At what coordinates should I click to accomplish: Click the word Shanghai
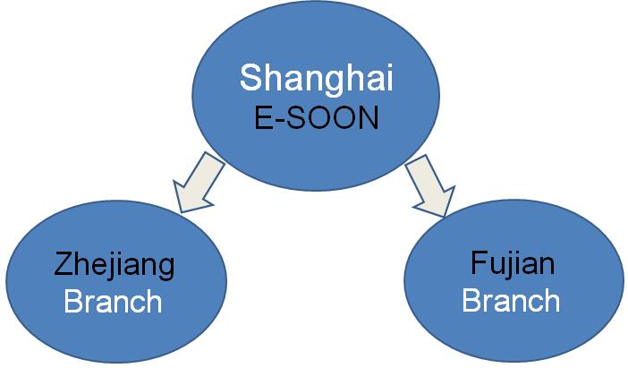(317, 81)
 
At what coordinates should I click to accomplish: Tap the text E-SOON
(317, 118)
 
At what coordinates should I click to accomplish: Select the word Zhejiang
(115, 265)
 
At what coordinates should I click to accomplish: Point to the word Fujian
(513, 264)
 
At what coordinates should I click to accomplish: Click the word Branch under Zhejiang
(113, 302)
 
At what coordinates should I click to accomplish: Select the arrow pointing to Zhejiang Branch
(197, 184)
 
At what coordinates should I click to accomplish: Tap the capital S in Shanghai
(250, 77)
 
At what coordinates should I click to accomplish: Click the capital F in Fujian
(479, 262)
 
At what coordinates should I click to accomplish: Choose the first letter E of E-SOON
(264, 118)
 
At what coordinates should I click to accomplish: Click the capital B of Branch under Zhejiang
(73, 302)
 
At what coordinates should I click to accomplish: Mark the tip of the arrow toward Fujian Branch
(445, 217)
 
